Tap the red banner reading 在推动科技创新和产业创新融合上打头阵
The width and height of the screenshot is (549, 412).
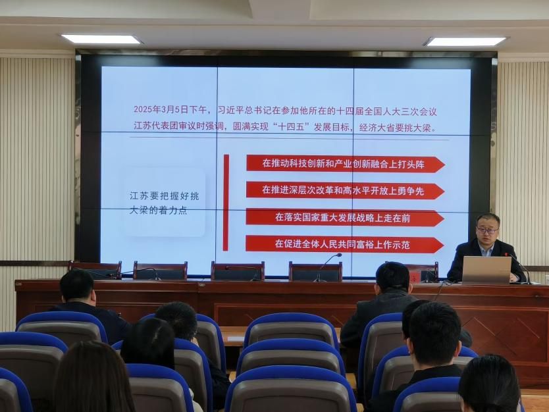click(x=346, y=164)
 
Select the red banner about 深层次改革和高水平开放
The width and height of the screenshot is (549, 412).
click(x=345, y=191)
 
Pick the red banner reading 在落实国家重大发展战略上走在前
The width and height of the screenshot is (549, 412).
click(x=345, y=218)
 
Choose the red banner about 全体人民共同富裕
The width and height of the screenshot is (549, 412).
click(x=344, y=244)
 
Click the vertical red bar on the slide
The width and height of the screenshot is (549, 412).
click(x=226, y=202)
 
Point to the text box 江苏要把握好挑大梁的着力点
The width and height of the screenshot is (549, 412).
click(x=164, y=203)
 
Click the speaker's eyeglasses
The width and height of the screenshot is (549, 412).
click(x=487, y=230)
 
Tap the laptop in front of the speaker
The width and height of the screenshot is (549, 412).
click(x=487, y=270)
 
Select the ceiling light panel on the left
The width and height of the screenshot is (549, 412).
click(x=101, y=39)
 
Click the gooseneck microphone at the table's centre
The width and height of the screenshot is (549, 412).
click(x=328, y=267)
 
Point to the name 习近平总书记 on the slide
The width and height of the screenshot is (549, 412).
click(x=240, y=111)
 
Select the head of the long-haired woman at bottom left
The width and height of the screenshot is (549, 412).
click(x=91, y=377)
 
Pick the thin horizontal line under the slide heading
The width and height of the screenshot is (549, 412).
click(x=289, y=139)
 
